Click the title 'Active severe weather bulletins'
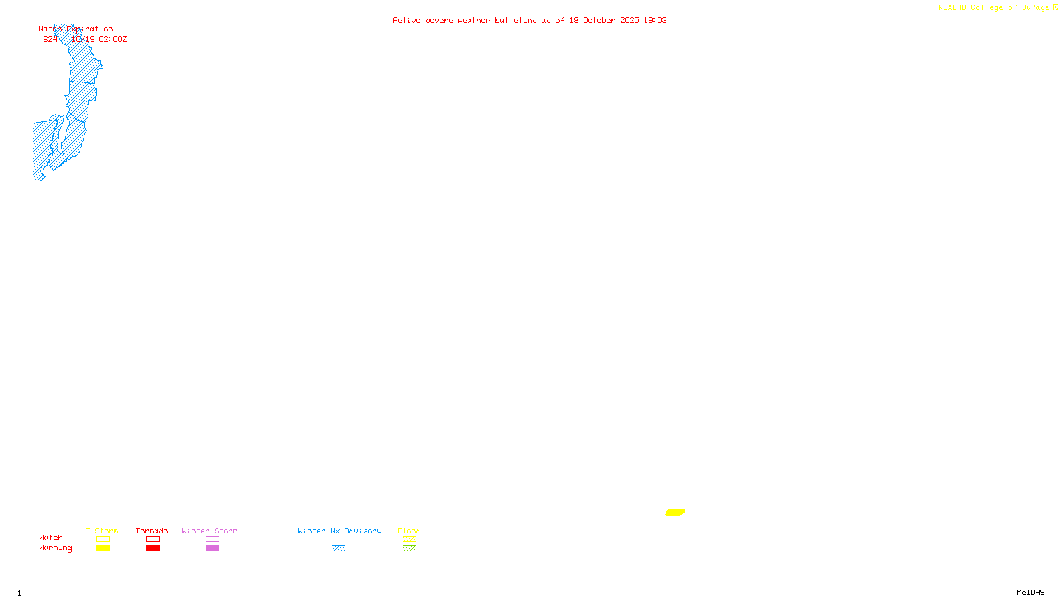[464, 20]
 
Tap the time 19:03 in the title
[655, 20]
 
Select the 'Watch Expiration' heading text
[76, 29]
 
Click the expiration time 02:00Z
[113, 40]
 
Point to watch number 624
[50, 40]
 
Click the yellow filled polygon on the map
[675, 512]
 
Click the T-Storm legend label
[102, 531]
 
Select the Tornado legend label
[152, 531]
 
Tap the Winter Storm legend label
[210, 531]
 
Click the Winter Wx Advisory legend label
[340, 531]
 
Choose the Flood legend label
[409, 531]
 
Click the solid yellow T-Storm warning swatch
[103, 549]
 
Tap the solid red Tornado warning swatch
[153, 549]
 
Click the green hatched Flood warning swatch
[409, 549]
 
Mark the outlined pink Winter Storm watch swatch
[212, 539]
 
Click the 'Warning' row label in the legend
[55, 548]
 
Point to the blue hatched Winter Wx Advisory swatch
[338, 549]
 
